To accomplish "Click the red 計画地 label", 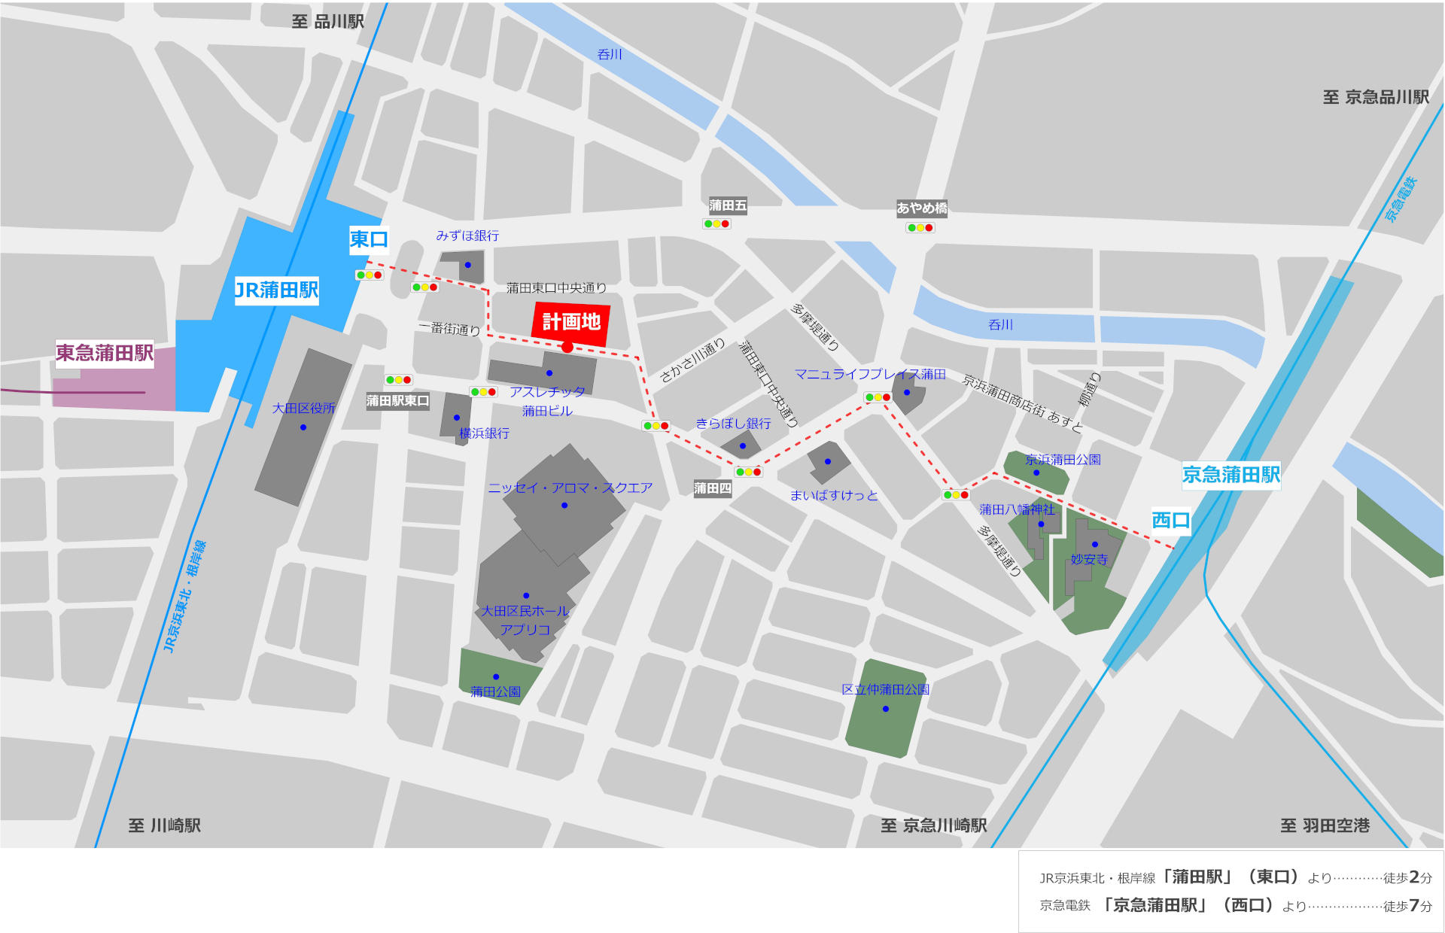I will tap(571, 322).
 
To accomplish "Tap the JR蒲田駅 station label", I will tap(276, 290).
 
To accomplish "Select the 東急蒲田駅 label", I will tap(105, 353).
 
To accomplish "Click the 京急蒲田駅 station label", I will tap(1231, 475).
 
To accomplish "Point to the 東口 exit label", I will tap(369, 239).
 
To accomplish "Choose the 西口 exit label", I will tap(1170, 520).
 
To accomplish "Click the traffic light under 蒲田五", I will tap(716, 223).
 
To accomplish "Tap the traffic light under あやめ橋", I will tap(920, 227).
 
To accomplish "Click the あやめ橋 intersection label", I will tap(921, 208).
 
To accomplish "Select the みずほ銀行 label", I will tap(467, 236).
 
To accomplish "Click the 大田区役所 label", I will tap(303, 409).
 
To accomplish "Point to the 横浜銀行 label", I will tap(484, 433).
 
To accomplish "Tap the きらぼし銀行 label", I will tap(733, 424).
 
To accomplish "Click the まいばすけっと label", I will tap(834, 495).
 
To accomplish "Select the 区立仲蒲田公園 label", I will tap(885, 689).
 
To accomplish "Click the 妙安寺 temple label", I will tap(1089, 559).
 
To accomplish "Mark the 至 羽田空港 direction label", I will tap(1325, 825).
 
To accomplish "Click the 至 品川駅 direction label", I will tap(327, 21).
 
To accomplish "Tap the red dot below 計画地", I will tap(567, 347).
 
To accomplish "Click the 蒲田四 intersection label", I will tap(712, 488).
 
